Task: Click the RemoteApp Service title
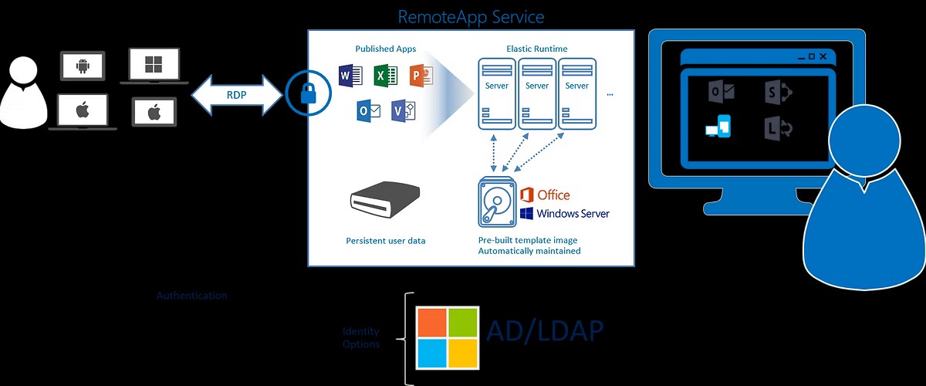pos(471,16)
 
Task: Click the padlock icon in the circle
pos(308,93)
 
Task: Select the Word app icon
pos(350,76)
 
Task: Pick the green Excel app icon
pos(384,76)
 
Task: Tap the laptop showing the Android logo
pos(83,66)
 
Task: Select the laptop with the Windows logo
pos(154,64)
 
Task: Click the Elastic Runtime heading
pos(536,49)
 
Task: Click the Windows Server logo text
pos(573,214)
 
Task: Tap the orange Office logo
pos(545,195)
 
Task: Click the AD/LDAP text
pos(545,330)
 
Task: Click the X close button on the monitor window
pos(823,56)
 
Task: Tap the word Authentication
pos(192,296)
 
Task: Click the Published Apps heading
pos(385,49)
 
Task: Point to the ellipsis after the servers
pos(610,94)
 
